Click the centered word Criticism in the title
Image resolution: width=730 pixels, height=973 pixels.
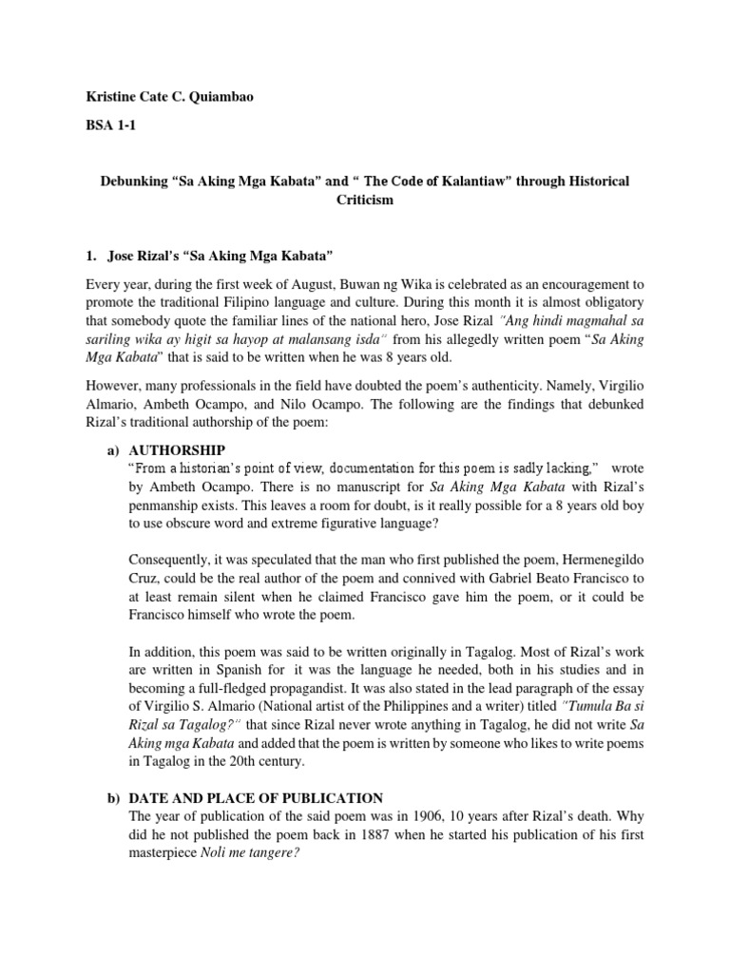coord(365,200)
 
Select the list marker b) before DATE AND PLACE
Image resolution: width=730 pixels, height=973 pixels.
coord(108,797)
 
